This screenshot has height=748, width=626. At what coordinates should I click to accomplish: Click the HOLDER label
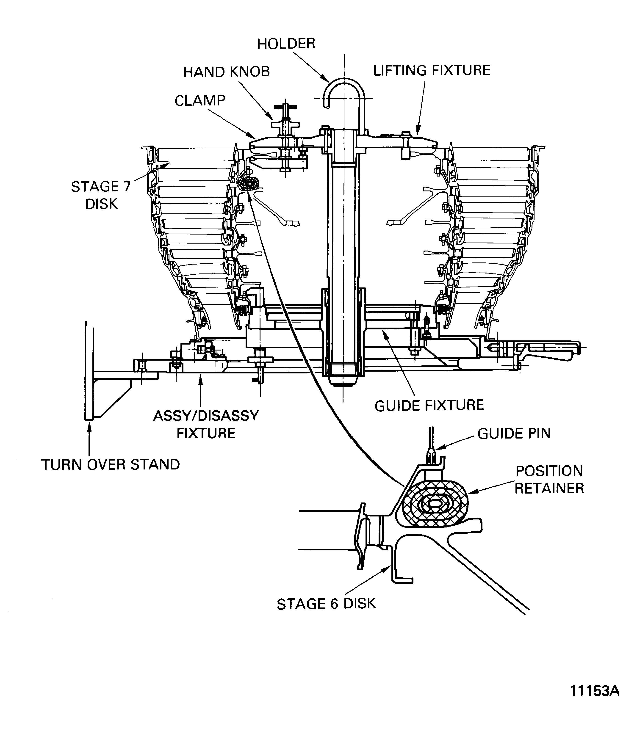tap(286, 44)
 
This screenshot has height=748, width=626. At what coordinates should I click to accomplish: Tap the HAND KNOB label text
tap(227, 72)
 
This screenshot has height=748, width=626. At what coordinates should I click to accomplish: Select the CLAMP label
tap(200, 101)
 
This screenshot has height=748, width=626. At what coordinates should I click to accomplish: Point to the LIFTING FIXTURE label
tap(432, 71)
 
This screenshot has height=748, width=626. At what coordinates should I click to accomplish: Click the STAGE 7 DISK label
tap(101, 195)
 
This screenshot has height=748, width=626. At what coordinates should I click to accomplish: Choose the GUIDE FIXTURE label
tap(429, 405)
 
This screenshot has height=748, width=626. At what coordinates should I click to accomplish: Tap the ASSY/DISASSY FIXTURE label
tap(206, 424)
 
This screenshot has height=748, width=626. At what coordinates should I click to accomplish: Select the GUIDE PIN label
tap(514, 433)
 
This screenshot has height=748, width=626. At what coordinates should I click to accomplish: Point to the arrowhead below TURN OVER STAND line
tap(89, 426)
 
